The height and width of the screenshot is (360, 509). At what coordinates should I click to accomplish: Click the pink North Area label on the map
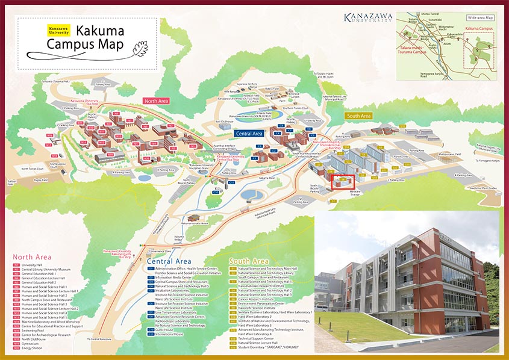156,101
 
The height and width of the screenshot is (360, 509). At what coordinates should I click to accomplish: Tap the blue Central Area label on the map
249,133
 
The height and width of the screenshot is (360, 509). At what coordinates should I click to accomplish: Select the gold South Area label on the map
358,116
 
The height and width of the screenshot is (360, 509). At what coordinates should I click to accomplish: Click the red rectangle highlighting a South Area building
343,180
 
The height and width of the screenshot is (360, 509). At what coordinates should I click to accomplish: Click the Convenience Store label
159,251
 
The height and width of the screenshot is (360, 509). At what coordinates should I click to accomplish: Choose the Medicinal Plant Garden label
483,188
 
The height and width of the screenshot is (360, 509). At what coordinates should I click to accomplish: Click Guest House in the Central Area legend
164,330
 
